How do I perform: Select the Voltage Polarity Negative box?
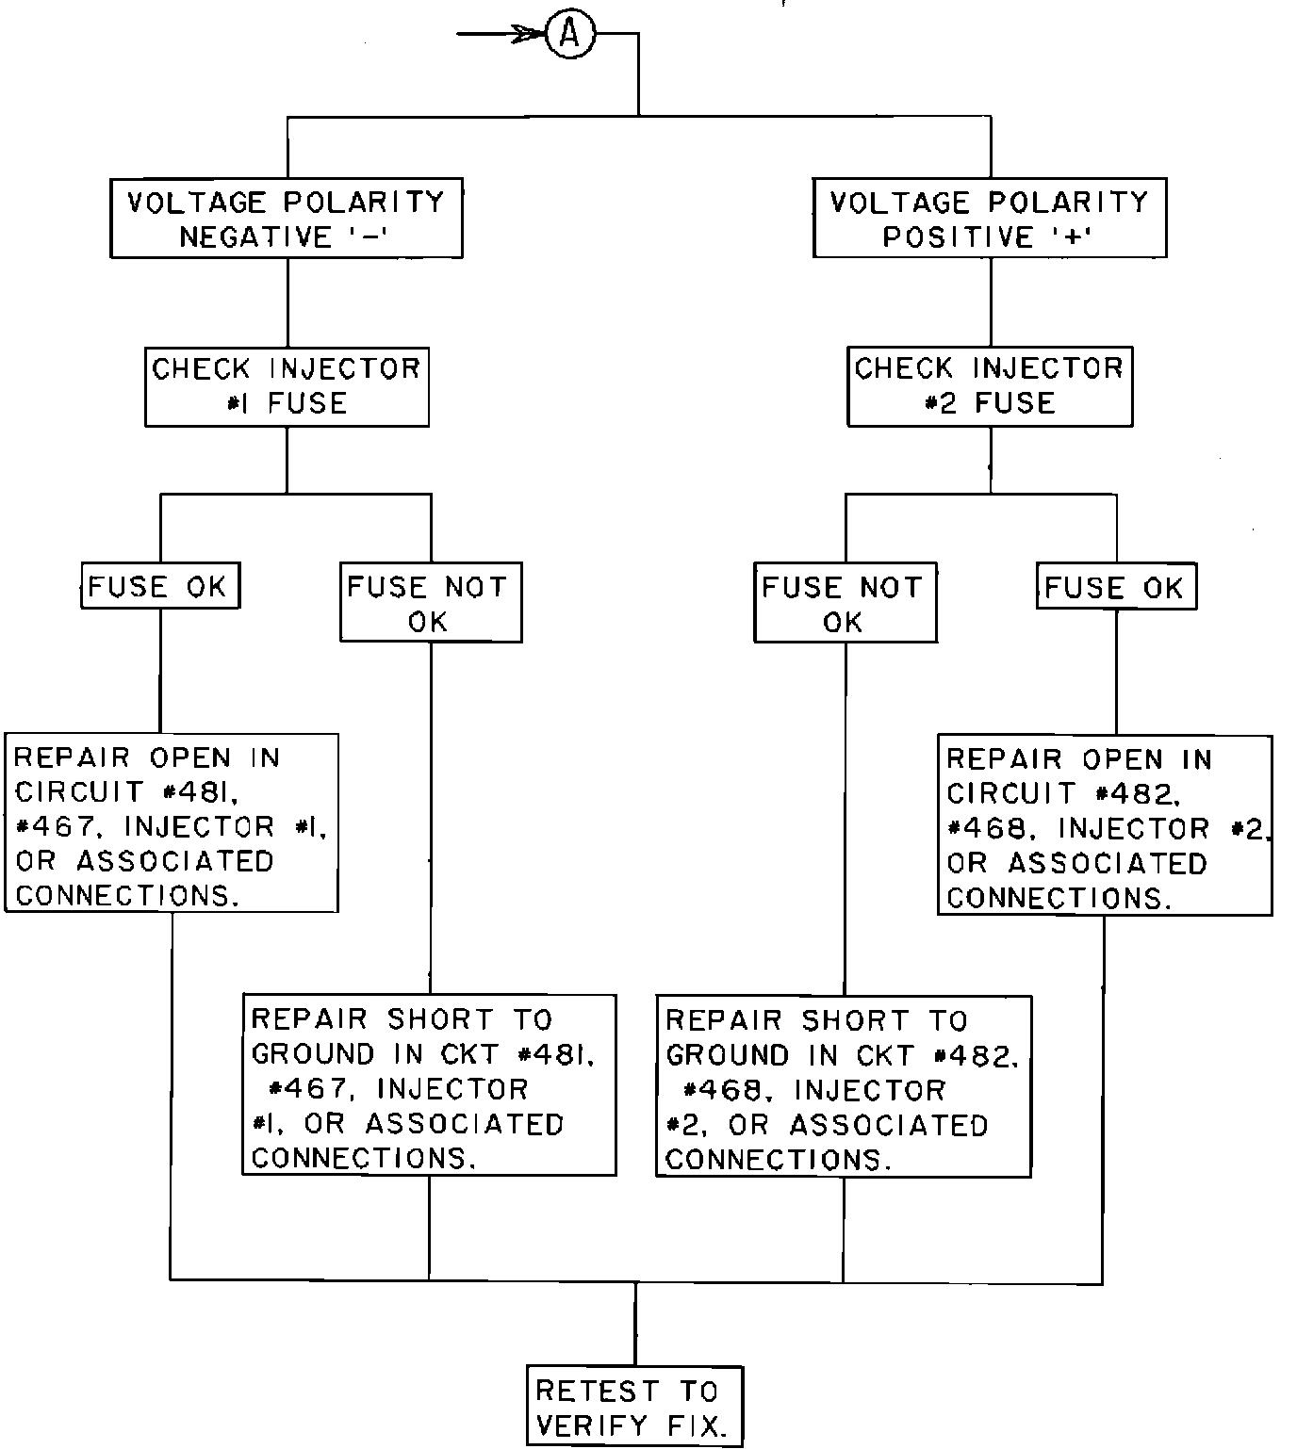(x=287, y=218)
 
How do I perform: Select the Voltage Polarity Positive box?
(x=990, y=218)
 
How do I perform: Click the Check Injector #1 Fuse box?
(x=287, y=386)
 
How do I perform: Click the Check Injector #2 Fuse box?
(x=990, y=386)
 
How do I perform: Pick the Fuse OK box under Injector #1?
(x=159, y=586)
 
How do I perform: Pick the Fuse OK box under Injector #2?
(x=1116, y=587)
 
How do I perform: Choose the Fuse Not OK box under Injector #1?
(x=431, y=603)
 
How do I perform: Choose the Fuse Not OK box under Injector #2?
(x=846, y=603)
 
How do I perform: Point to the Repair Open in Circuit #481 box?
(x=172, y=823)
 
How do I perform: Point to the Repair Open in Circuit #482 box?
(x=1105, y=825)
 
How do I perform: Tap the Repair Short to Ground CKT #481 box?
(x=430, y=1085)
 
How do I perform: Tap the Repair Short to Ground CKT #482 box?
(x=844, y=1086)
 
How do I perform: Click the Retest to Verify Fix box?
(x=634, y=1406)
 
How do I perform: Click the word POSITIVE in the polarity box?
(x=958, y=236)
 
